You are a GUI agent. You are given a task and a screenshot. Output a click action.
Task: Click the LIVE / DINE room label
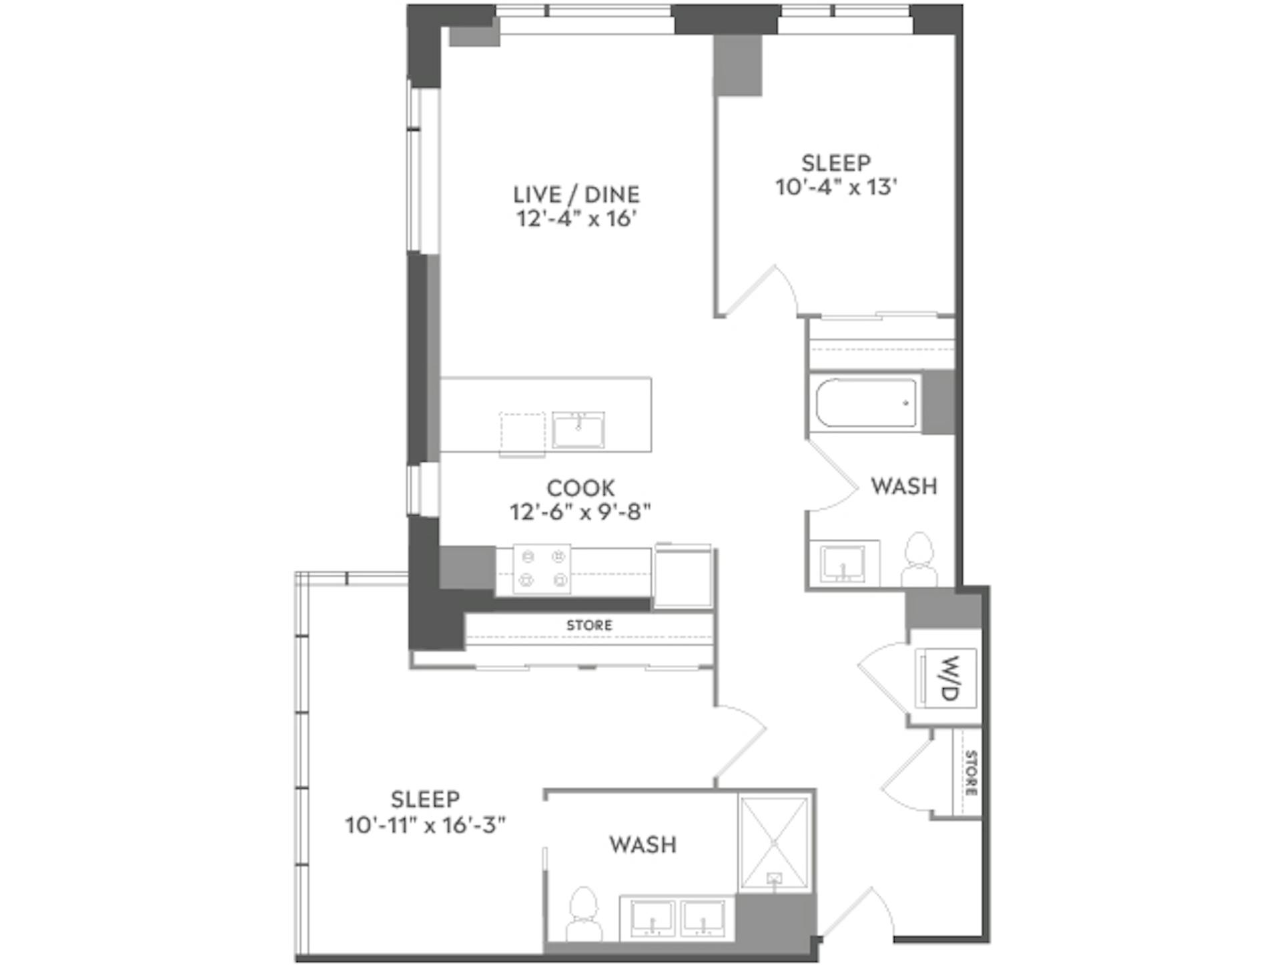tap(576, 194)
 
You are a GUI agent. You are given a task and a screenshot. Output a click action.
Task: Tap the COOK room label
tap(580, 488)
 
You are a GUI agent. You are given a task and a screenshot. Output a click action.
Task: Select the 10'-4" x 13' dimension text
tap(835, 187)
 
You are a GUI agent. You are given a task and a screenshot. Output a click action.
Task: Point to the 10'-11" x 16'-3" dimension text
tap(425, 826)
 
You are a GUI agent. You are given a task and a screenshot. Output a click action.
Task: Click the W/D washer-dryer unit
tap(946, 678)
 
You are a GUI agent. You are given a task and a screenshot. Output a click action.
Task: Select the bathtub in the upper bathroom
tap(867, 403)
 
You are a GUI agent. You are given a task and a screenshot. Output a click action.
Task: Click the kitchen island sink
tap(578, 429)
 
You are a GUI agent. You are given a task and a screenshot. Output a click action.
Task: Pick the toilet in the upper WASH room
tap(919, 560)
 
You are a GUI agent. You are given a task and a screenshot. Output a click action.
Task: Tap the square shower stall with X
tap(774, 843)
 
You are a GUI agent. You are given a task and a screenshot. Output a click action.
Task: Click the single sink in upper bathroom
tap(843, 564)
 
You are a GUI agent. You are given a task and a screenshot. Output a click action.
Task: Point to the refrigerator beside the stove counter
tap(683, 576)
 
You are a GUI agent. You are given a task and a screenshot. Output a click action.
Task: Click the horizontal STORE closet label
tap(589, 626)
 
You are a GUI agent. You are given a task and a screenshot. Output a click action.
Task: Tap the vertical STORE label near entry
tap(970, 773)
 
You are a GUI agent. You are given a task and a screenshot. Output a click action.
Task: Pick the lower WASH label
tap(643, 845)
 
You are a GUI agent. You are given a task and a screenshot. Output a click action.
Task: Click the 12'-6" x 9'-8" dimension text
tap(580, 512)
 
